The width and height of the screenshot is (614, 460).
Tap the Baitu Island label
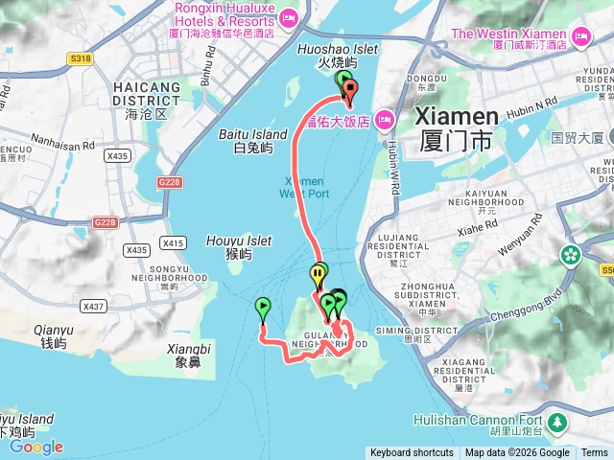(253, 141)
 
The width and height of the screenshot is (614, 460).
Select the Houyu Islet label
(230, 247)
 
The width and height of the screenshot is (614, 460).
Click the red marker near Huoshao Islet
(349, 94)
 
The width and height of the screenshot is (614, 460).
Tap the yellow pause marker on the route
(317, 277)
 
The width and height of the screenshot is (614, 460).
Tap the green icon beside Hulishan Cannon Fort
(557, 421)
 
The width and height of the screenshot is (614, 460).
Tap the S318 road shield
(82, 58)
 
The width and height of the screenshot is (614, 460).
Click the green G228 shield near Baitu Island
(170, 181)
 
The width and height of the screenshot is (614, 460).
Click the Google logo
(35, 447)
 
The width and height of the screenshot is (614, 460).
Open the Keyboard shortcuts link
(412, 453)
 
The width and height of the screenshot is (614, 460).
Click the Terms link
(595, 453)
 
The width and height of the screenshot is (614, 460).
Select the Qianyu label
(52, 336)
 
